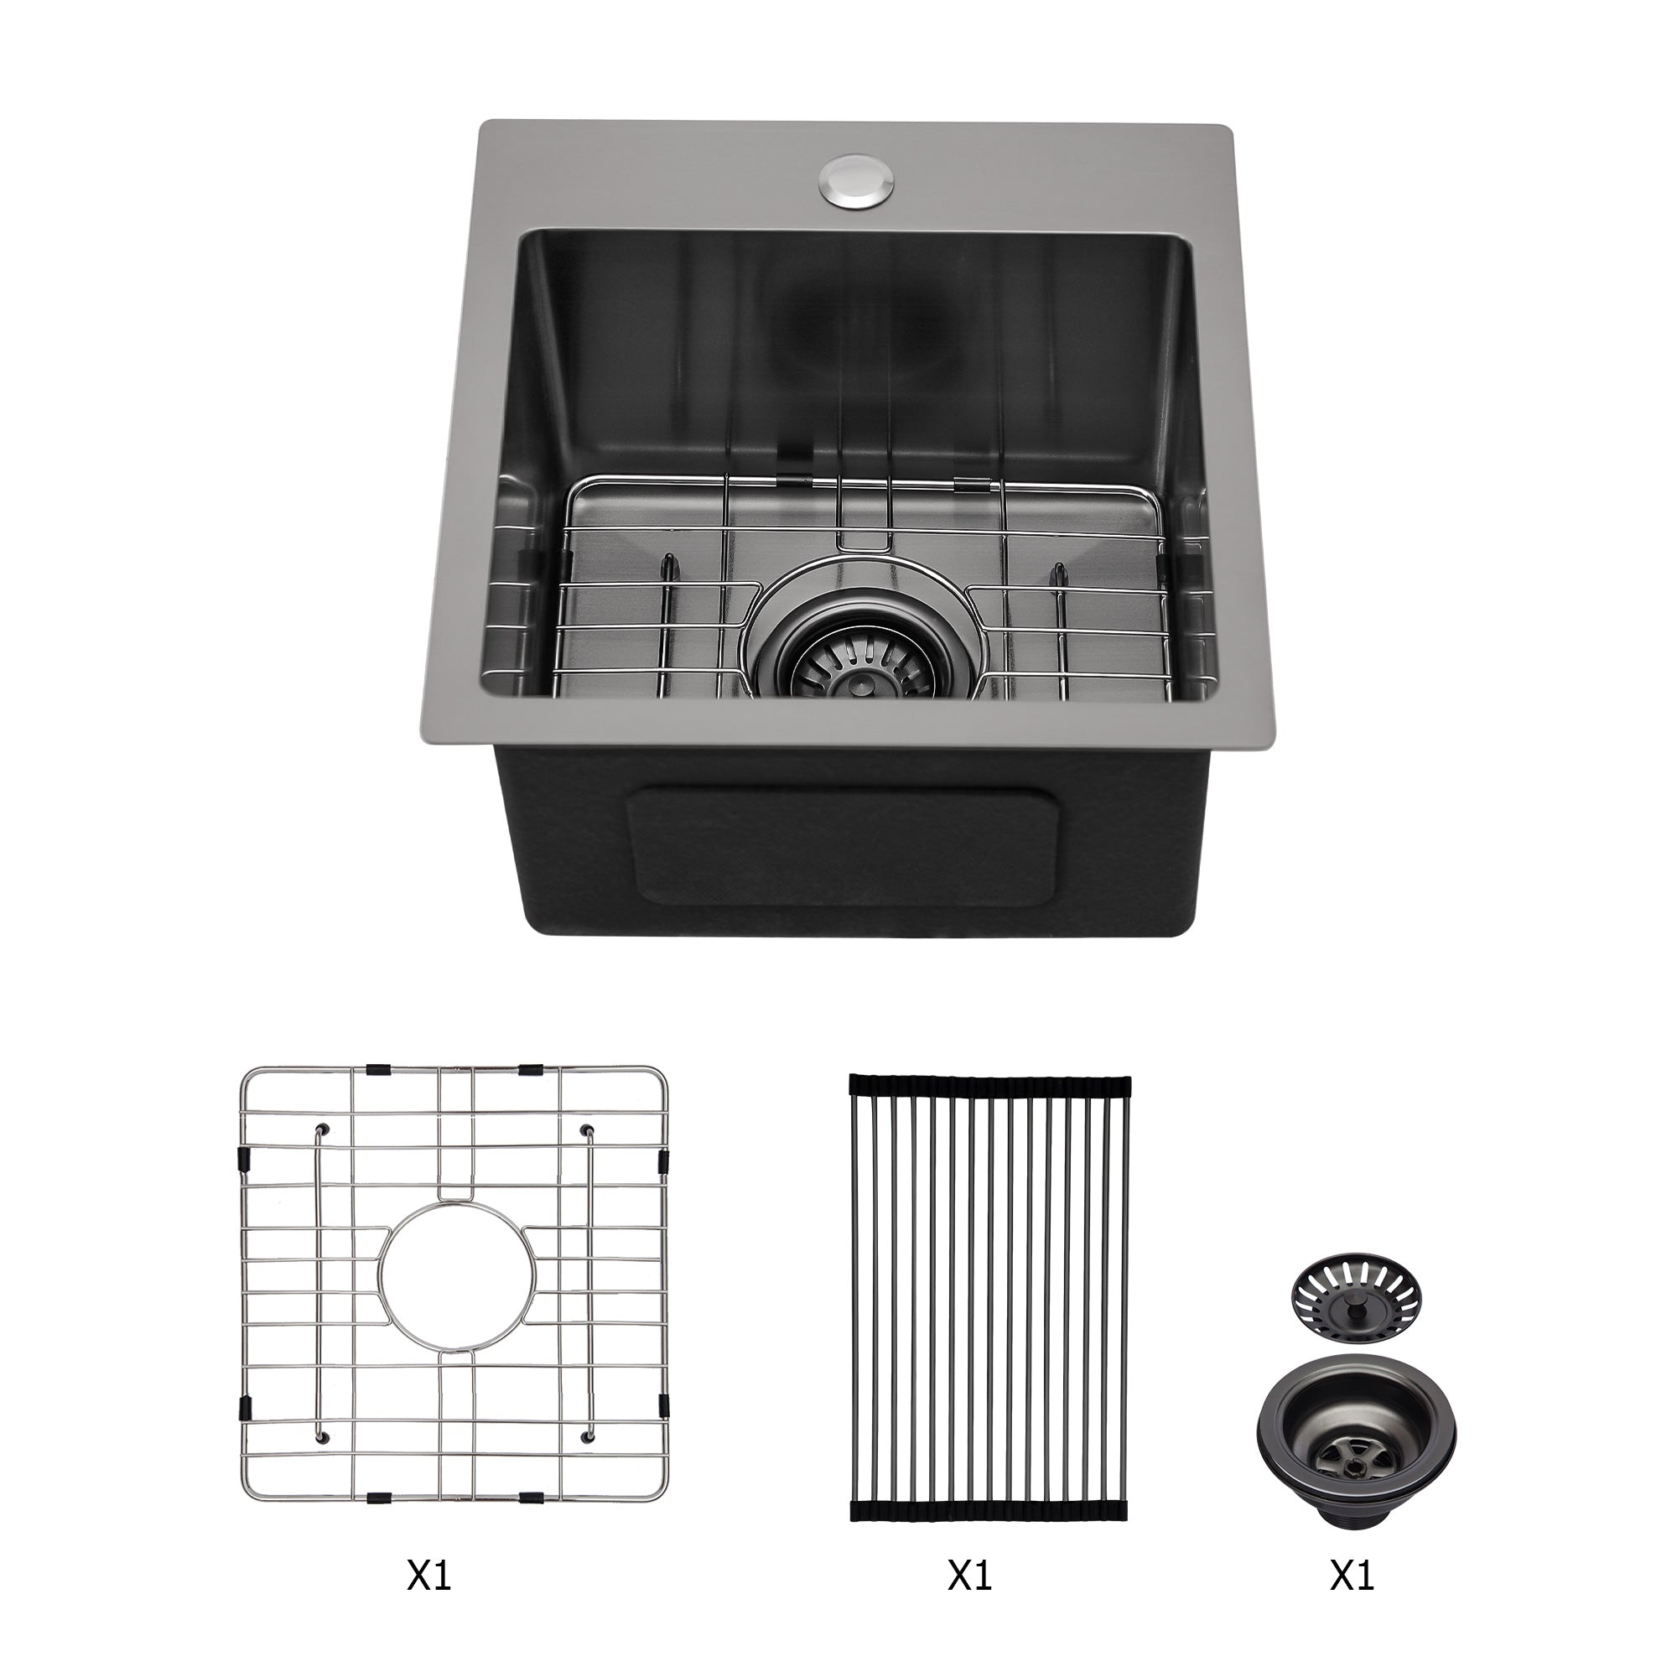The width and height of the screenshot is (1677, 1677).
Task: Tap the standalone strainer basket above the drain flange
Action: click(x=1357, y=1316)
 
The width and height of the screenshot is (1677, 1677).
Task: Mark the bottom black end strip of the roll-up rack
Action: click(x=990, y=1459)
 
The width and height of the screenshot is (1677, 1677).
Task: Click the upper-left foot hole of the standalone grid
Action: click(x=324, y=1129)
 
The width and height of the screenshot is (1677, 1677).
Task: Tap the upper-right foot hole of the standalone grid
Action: click(x=587, y=1129)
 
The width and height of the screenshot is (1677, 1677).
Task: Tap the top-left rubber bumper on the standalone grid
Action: click(x=377, y=1069)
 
